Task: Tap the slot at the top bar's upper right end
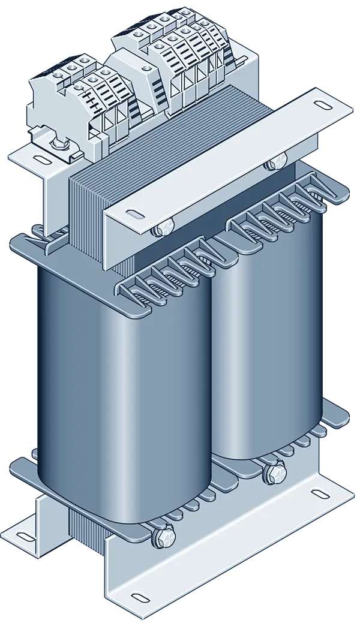(324, 106)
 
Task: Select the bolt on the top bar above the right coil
(277, 162)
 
